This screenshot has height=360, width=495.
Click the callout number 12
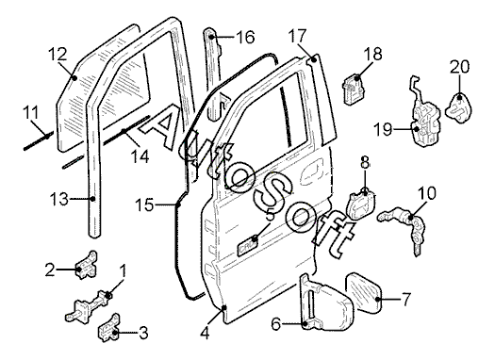(x=58, y=54)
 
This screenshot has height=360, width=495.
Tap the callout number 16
(x=245, y=38)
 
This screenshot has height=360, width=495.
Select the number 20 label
(x=460, y=67)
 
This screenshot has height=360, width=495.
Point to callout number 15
(x=145, y=205)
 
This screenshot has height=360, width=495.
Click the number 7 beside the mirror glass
(x=406, y=299)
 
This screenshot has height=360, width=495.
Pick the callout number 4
(x=206, y=334)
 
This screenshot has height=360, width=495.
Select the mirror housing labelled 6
(x=324, y=303)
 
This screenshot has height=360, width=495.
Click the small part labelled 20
(x=458, y=107)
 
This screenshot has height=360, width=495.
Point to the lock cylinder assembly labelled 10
(x=405, y=225)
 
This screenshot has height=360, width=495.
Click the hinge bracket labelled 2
(x=86, y=265)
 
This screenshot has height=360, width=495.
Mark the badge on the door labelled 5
(x=248, y=245)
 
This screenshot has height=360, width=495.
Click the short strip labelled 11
(x=39, y=141)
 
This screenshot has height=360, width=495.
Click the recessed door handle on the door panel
(x=312, y=172)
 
